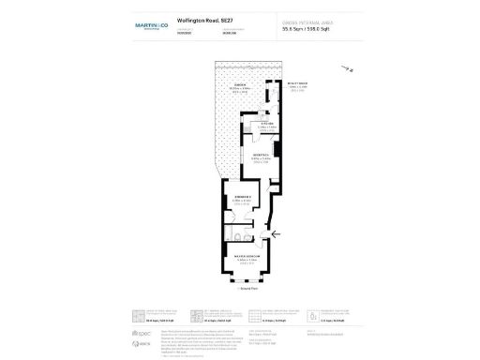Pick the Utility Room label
click(x=272, y=83)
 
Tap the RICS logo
click(x=142, y=344)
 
